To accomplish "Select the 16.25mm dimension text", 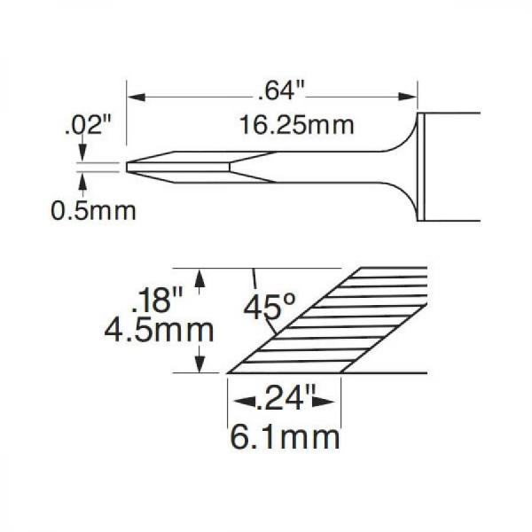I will (296, 125).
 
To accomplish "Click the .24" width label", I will (286, 402).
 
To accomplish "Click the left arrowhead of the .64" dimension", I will (136, 96).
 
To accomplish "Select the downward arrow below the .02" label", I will (82, 155).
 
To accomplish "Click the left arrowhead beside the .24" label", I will (236, 402).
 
